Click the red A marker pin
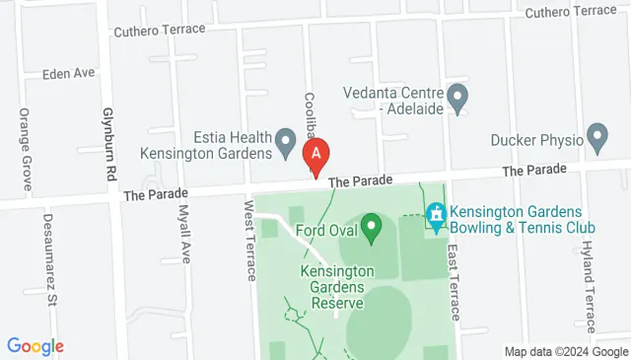pyautogui.click(x=315, y=155)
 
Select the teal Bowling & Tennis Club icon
pyautogui.click(x=436, y=213)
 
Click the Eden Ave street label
pyautogui.click(x=68, y=74)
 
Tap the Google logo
pyautogui.click(x=35, y=346)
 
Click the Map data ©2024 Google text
pyautogui.click(x=566, y=351)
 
